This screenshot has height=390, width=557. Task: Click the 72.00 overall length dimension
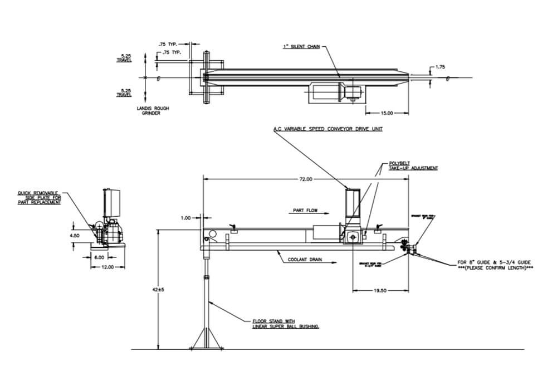coord(306,179)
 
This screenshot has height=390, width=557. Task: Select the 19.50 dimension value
coord(380,290)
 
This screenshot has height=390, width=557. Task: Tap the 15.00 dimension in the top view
coord(387,113)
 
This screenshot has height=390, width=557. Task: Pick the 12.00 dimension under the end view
coord(107,267)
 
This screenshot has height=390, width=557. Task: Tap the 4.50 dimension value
coord(75,236)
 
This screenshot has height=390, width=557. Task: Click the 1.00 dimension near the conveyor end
coord(186,218)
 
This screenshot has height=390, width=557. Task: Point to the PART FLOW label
coord(305,211)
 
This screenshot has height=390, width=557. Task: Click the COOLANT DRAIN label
coord(305,260)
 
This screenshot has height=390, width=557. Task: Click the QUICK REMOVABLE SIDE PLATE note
coord(39,197)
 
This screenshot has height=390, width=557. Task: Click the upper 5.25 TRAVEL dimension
coord(124,57)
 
